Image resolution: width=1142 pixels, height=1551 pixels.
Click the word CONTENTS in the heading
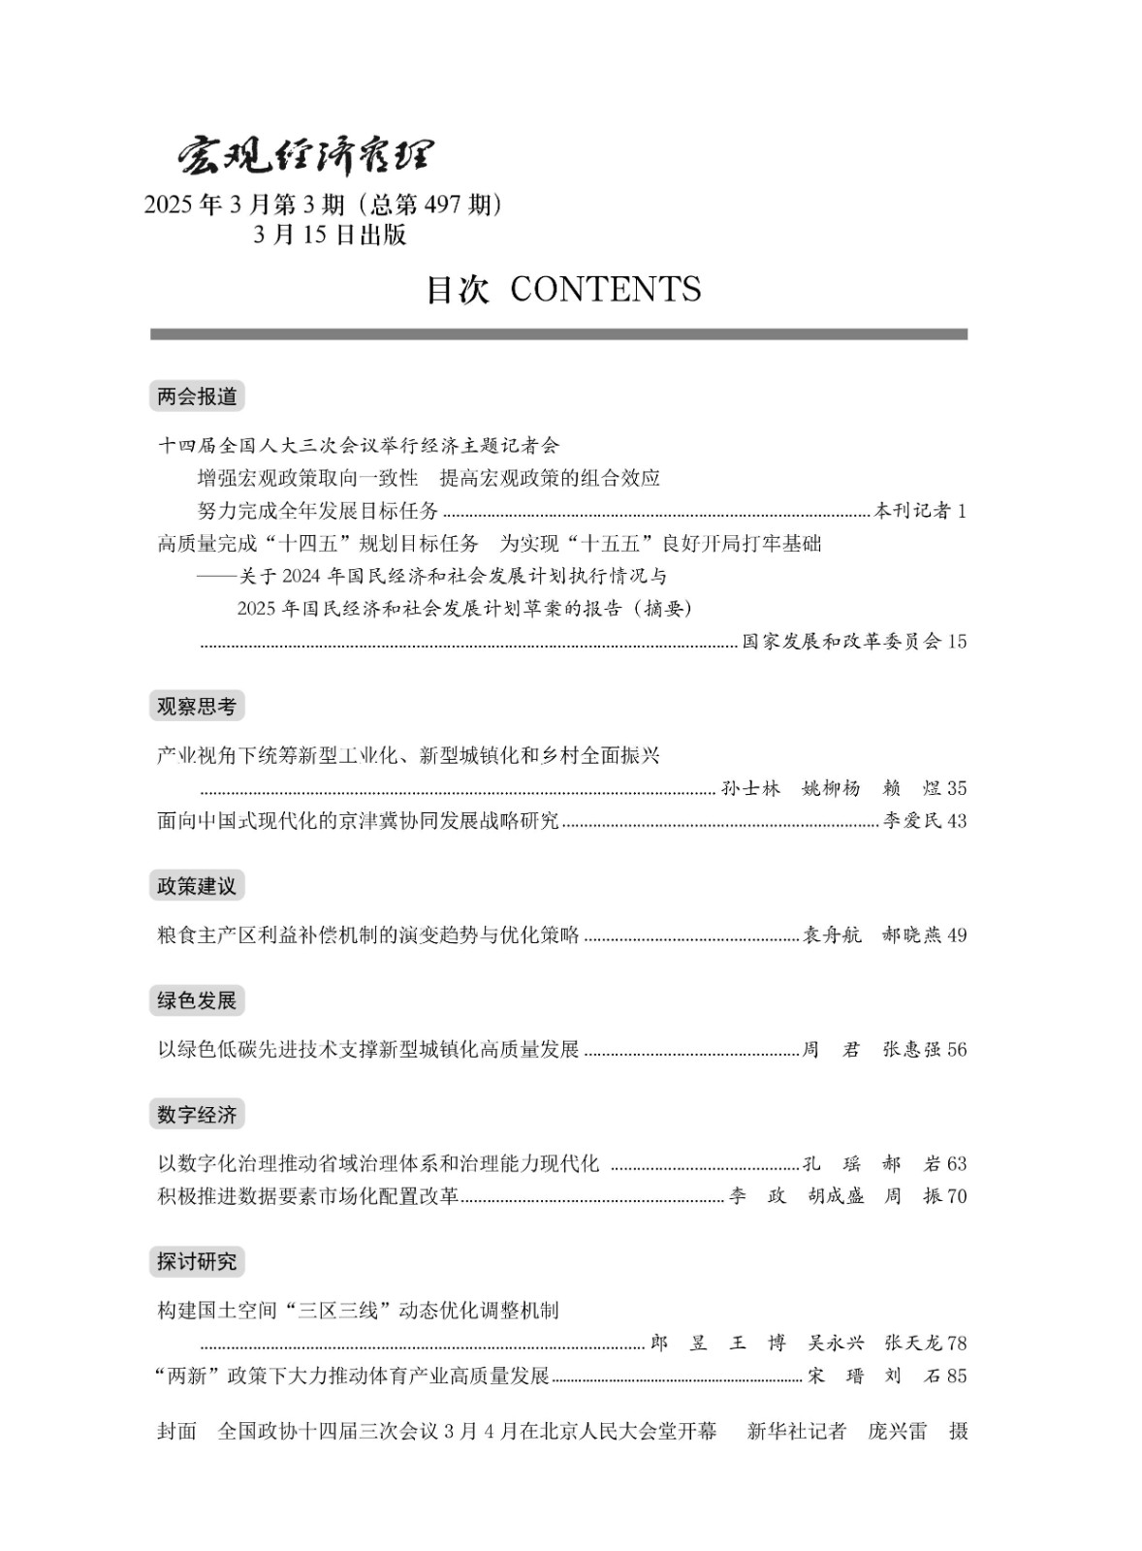point(605,290)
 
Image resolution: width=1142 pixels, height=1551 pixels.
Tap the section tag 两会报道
point(197,396)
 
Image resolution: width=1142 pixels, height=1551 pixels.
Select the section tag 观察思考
point(197,707)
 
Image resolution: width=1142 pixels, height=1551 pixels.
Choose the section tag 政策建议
point(197,886)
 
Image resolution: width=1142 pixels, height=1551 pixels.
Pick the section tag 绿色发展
point(197,1000)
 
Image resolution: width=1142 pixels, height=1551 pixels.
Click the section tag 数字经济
point(197,1115)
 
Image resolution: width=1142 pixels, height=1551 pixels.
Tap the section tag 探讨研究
point(197,1261)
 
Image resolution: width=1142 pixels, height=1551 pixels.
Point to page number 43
point(957,821)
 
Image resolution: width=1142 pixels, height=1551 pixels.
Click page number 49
point(957,935)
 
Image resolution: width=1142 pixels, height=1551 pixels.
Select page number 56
point(957,1050)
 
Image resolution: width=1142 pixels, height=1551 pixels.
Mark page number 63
point(957,1164)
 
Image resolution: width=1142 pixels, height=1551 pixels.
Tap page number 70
point(957,1196)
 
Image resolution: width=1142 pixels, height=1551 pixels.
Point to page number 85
point(957,1376)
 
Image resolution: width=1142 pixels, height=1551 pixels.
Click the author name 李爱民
point(911,821)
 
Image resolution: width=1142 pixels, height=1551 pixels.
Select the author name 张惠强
point(911,1050)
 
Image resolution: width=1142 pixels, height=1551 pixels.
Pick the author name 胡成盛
point(836,1196)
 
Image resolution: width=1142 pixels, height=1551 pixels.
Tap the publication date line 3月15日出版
point(330,236)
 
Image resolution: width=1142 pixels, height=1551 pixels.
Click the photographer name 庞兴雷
point(897,1432)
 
